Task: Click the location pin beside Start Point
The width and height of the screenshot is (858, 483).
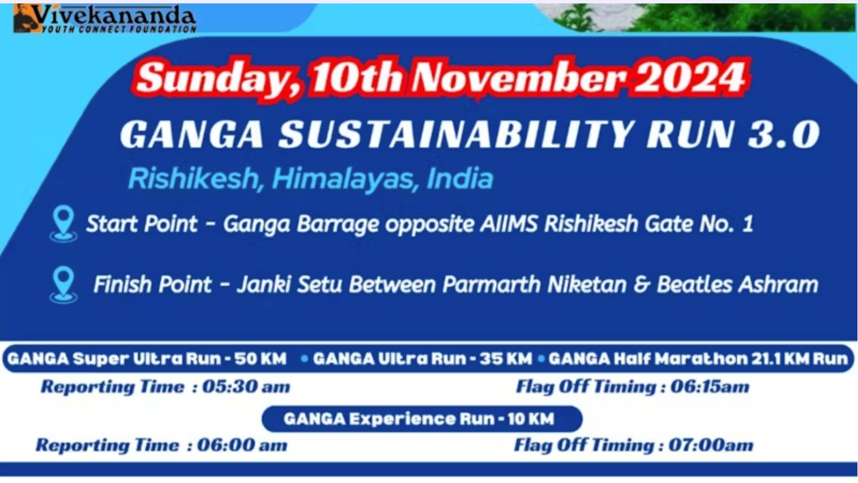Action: [63, 223]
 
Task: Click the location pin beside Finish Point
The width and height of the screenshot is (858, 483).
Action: [63, 283]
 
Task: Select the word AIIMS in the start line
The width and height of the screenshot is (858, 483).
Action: [509, 224]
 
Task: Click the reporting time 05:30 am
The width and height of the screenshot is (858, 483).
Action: [246, 387]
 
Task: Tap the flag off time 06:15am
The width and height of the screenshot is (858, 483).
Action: [710, 387]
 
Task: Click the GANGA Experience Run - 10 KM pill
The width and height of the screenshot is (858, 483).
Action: [421, 419]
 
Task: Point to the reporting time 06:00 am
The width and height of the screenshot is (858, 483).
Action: [242, 446]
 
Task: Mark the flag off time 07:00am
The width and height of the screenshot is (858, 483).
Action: [711, 446]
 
